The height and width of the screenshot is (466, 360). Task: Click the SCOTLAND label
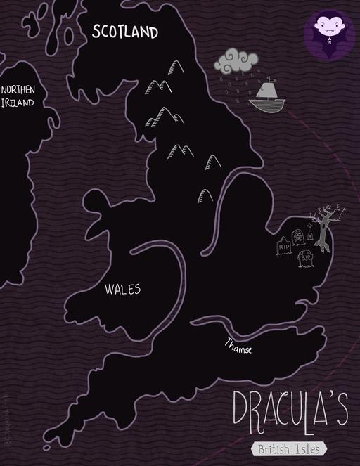point(125,32)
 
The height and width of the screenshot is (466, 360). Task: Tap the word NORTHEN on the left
point(18,90)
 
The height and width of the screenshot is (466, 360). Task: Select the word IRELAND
point(17,103)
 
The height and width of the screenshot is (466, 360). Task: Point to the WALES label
point(123,289)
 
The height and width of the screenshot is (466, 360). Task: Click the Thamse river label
point(238,346)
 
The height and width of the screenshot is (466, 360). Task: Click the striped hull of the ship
point(267,105)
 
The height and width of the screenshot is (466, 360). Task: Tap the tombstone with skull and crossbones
point(297,238)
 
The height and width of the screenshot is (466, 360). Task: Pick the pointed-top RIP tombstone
point(284,247)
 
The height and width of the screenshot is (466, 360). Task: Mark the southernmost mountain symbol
point(205,195)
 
